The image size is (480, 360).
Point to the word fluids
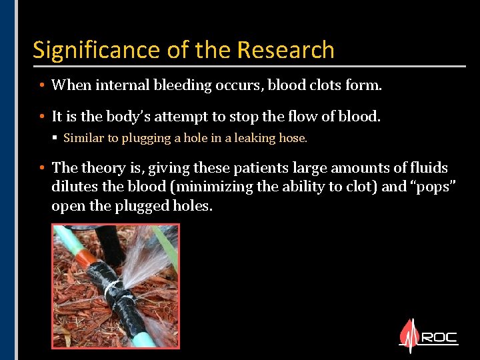428,168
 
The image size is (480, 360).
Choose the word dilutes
75,187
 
